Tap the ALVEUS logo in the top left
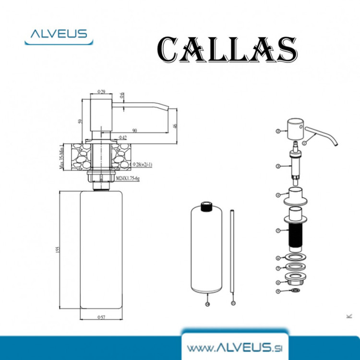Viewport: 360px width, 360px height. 59,35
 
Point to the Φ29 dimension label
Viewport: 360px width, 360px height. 101,91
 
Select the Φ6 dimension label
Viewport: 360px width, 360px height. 123,96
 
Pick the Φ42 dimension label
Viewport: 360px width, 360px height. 122,138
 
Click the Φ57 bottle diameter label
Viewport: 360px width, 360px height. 101,317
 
